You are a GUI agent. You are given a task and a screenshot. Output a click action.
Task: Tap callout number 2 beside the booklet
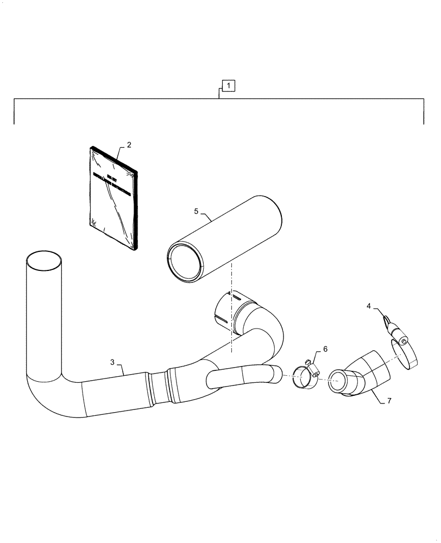[x=129, y=145]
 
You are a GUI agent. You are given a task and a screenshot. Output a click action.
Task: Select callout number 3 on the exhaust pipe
[x=112, y=362]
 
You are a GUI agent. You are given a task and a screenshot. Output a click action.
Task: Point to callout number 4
[x=369, y=307]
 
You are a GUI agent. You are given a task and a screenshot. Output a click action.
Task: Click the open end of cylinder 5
[x=185, y=263]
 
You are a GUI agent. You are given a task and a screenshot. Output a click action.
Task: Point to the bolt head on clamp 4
[x=403, y=340]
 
